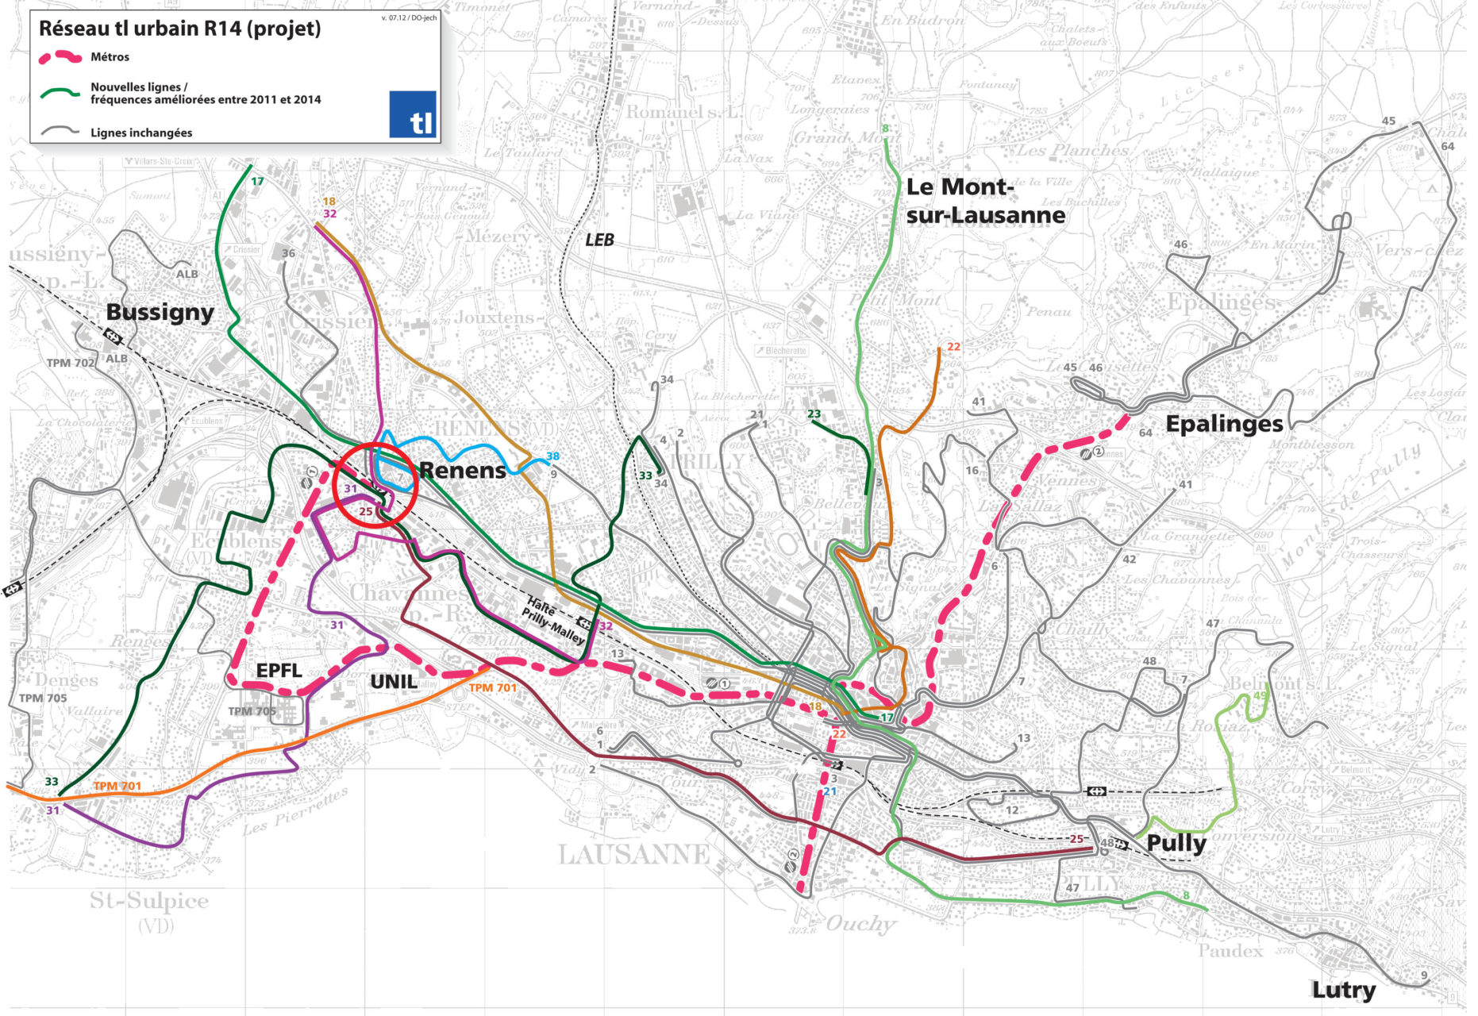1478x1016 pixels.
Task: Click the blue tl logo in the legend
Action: [x=413, y=114]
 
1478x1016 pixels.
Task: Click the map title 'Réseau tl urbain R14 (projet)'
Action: [x=180, y=29]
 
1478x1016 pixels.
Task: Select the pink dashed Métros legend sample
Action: [x=60, y=57]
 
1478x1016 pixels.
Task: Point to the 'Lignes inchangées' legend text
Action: [x=141, y=133]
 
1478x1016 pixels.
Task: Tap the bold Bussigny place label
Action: [x=160, y=312]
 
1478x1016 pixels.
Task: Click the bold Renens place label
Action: [x=462, y=470]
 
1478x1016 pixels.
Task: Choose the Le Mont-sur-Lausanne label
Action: [x=985, y=201]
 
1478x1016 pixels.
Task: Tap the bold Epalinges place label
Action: [x=1223, y=424]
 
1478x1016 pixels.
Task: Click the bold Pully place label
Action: [x=1176, y=843]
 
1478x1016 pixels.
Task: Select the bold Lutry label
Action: [x=1343, y=990]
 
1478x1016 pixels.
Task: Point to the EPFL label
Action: [x=279, y=671]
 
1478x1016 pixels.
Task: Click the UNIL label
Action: [x=394, y=682]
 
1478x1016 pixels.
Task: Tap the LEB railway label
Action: [x=599, y=240]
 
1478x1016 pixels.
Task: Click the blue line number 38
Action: [x=552, y=456]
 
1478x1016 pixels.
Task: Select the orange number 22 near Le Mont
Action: [x=953, y=347]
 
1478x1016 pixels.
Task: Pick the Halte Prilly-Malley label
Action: [x=552, y=622]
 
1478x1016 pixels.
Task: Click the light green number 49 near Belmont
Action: [x=1260, y=696]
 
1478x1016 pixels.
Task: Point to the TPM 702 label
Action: [x=71, y=363]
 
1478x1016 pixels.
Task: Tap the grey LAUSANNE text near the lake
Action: [x=633, y=855]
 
